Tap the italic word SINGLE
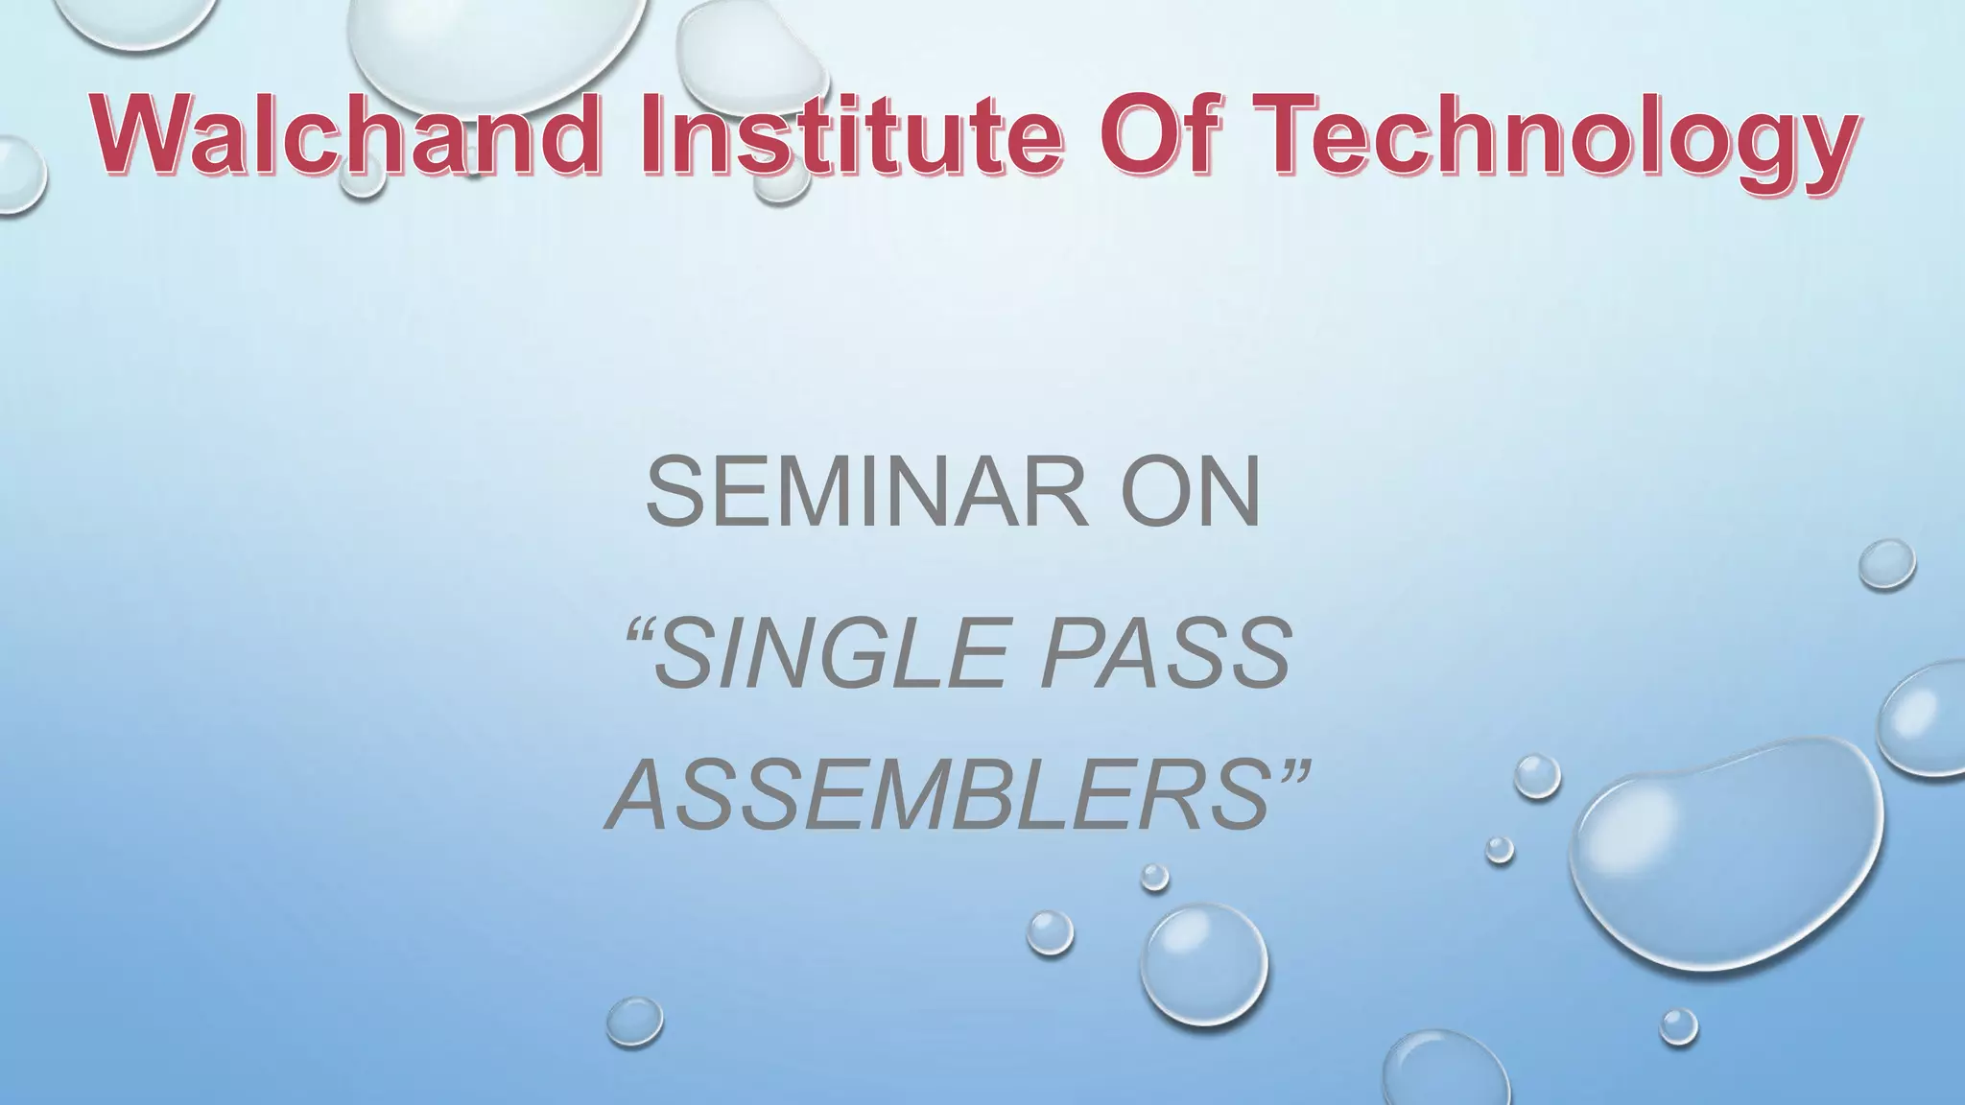(x=829, y=654)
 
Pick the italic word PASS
(x=1166, y=654)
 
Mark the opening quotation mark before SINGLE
(x=637, y=632)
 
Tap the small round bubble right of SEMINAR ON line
(x=1886, y=564)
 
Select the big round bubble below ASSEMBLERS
(x=1203, y=964)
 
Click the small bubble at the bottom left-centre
(x=634, y=1022)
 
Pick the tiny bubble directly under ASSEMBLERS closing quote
(x=1154, y=877)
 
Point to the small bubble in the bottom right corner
(x=1678, y=1026)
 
